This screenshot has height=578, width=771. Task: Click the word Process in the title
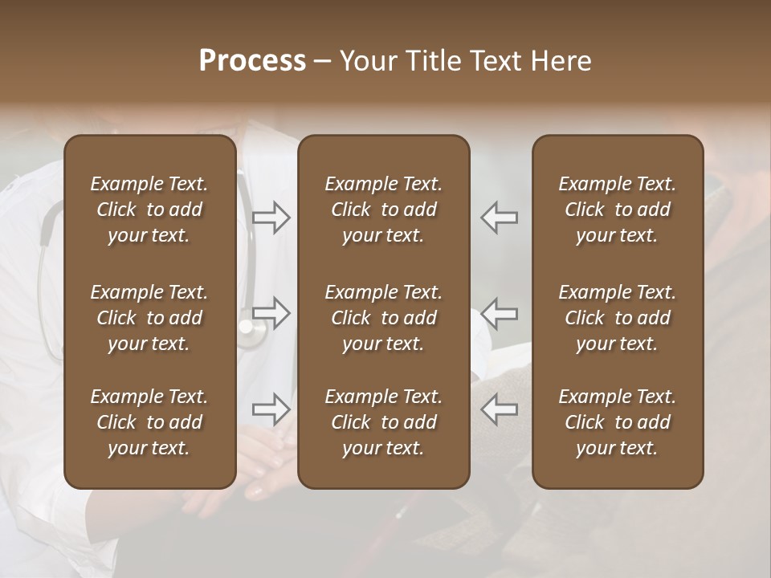pyautogui.click(x=252, y=61)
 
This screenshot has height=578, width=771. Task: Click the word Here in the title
pyautogui.click(x=561, y=61)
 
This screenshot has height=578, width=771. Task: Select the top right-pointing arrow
pyautogui.click(x=271, y=218)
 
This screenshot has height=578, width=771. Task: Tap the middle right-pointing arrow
pyautogui.click(x=271, y=313)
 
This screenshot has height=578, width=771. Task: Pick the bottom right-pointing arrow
pyautogui.click(x=271, y=409)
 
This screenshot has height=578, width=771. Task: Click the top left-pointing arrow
pyautogui.click(x=499, y=218)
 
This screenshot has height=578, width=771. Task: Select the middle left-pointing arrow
pyautogui.click(x=499, y=313)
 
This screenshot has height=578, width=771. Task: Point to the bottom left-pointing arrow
pyautogui.click(x=499, y=409)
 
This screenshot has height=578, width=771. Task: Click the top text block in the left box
pyautogui.click(x=149, y=210)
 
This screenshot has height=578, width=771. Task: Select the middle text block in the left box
pyautogui.click(x=149, y=318)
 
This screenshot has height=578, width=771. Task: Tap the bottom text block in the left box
pyautogui.click(x=149, y=422)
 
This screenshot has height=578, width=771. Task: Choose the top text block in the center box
pyautogui.click(x=383, y=210)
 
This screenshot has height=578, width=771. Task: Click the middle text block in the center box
pyautogui.click(x=383, y=318)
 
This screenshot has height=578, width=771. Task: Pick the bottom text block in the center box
pyautogui.click(x=383, y=422)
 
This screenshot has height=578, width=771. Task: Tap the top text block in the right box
pyautogui.click(x=618, y=210)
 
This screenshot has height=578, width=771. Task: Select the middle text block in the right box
pyautogui.click(x=618, y=318)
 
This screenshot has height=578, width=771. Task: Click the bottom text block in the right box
pyautogui.click(x=618, y=422)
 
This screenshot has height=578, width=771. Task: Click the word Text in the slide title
pyautogui.click(x=499, y=61)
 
